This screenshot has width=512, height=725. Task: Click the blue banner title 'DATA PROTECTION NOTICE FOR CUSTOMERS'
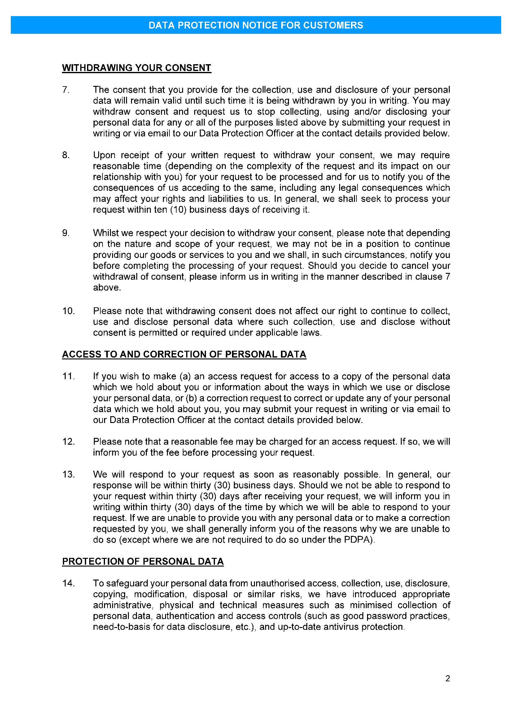[256, 25]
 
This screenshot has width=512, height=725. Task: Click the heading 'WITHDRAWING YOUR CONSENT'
[136, 68]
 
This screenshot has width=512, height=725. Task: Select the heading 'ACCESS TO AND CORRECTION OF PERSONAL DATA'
[184, 354]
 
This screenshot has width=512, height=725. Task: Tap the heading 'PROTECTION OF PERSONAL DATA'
[142, 562]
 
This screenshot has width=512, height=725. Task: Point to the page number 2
[447, 678]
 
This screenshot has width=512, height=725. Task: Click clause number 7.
[65, 90]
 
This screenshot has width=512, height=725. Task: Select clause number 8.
[66, 155]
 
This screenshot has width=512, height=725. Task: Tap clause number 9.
[66, 233]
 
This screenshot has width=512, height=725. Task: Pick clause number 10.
[68, 311]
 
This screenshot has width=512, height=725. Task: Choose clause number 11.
[68, 376]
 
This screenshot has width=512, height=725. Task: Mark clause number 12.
[68, 442]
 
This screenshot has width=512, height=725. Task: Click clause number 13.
[68, 474]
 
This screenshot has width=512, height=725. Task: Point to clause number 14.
[68, 584]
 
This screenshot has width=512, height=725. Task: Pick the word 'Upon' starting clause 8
[103, 155]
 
